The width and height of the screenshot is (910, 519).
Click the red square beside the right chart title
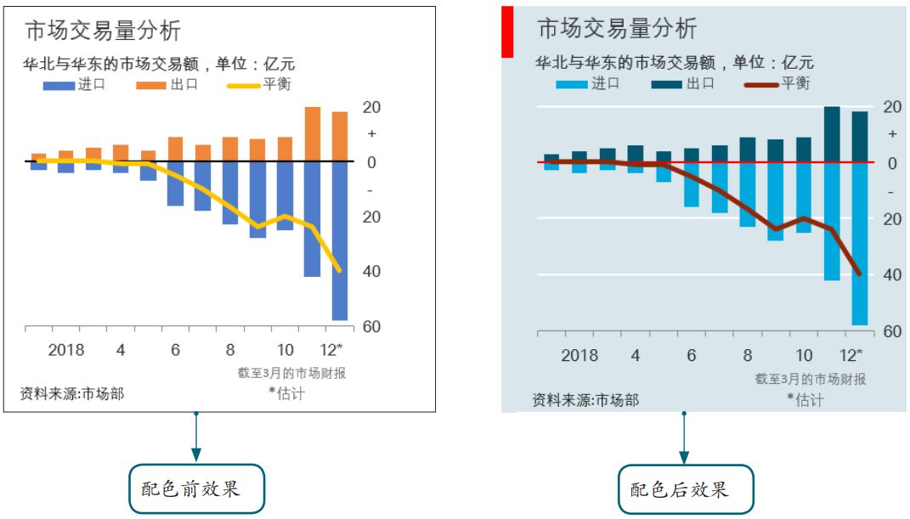pos(507,32)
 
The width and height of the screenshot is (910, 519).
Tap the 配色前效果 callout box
pos(197,488)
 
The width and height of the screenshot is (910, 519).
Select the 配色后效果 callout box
pos(686,489)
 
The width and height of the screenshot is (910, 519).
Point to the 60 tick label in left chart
pos(371,327)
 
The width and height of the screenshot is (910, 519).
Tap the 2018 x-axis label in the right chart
pos(580,355)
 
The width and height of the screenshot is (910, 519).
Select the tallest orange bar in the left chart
pos(313,134)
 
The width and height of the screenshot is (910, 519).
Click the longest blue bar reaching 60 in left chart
pos(340,240)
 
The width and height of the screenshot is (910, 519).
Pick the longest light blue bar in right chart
pos(859,244)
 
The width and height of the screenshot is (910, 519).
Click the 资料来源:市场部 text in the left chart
pos(71,394)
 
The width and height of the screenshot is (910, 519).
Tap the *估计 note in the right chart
pos(805,399)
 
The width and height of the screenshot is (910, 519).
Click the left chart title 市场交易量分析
pos(103,31)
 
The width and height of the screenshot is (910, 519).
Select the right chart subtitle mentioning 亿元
pos(675,62)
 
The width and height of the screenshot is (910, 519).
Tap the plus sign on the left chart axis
pos(371,134)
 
